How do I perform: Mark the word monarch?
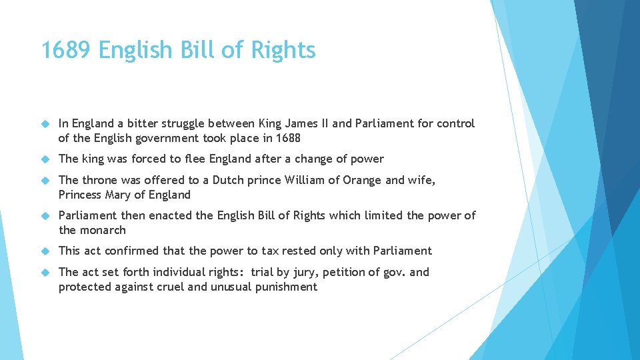tap(102, 230)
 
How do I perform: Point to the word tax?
tap(269, 251)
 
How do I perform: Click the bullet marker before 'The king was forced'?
tap(46, 159)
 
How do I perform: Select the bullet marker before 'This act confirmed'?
tap(46, 251)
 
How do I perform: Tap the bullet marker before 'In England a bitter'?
tap(46, 124)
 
